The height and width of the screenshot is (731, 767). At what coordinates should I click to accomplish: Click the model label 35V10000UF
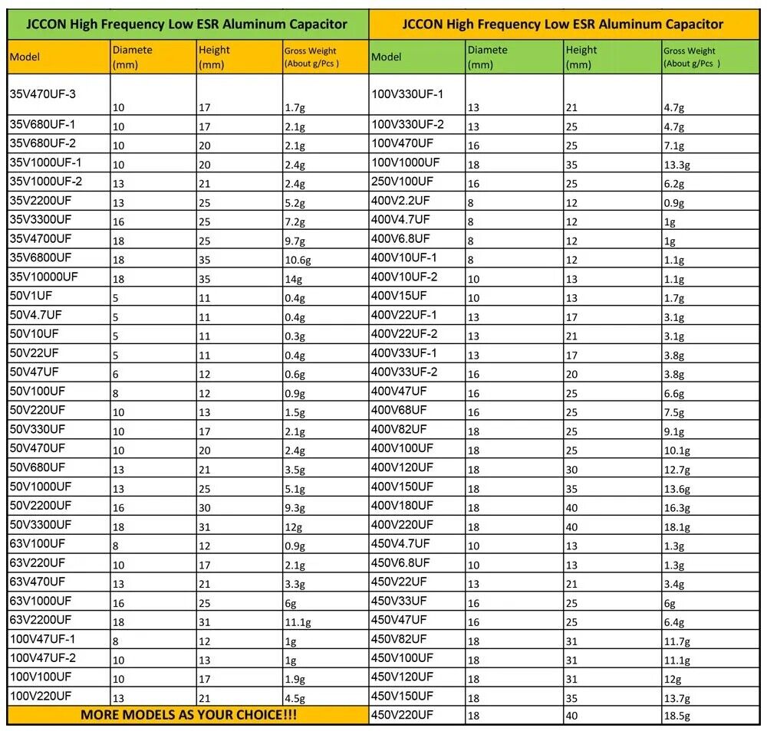pos(44,276)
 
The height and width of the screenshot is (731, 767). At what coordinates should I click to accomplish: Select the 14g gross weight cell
pos(291,280)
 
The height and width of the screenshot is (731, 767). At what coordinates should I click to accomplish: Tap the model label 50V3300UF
pos(41,524)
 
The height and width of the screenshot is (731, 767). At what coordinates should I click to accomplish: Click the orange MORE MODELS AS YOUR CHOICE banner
pos(189,715)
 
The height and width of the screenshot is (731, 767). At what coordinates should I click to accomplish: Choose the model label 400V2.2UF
pos(400,200)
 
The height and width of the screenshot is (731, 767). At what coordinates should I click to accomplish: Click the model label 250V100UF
pos(402,181)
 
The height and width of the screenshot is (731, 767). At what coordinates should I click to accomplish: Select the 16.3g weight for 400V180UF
pos(676,508)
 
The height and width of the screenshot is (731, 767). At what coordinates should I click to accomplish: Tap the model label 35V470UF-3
pos(43,94)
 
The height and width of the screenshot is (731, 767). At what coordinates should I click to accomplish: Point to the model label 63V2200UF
pos(41,619)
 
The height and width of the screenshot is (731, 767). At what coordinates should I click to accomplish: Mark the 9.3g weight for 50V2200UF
pos(294,508)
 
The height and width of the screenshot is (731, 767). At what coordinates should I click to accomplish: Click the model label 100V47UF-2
pos(43,657)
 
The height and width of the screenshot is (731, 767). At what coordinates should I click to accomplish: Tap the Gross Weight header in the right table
pos(690,57)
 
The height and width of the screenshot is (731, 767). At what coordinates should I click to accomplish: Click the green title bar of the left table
pos(188,25)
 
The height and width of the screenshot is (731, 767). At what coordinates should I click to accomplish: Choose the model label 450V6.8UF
pos(400,562)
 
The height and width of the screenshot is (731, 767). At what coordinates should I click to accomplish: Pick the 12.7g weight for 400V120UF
pos(676,470)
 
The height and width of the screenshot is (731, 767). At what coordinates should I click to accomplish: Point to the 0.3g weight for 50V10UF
pos(294,337)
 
